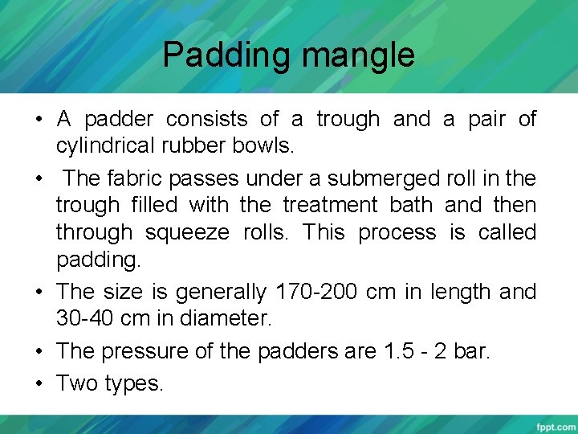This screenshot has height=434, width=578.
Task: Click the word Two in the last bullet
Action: click(77, 383)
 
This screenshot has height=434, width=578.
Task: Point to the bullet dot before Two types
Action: click(39, 383)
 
